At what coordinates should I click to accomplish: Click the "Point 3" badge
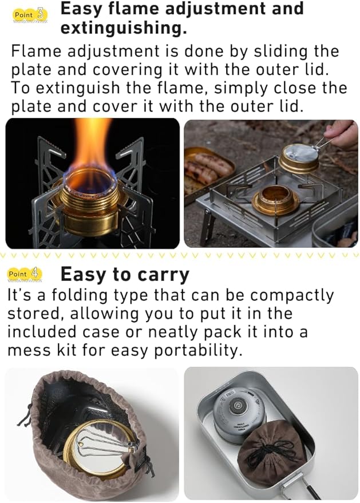point(30,15)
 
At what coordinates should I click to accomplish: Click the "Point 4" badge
point(25,274)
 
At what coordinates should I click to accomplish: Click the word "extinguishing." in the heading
point(124,28)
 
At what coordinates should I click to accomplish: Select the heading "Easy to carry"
point(125,275)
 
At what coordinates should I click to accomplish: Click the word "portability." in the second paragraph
point(198,350)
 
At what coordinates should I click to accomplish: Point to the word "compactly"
point(292,296)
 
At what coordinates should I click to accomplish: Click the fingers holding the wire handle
point(341,133)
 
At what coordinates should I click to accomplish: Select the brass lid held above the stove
point(298,157)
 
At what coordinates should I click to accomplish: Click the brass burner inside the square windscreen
point(275,199)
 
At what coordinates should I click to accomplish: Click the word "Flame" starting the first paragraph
point(36,52)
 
